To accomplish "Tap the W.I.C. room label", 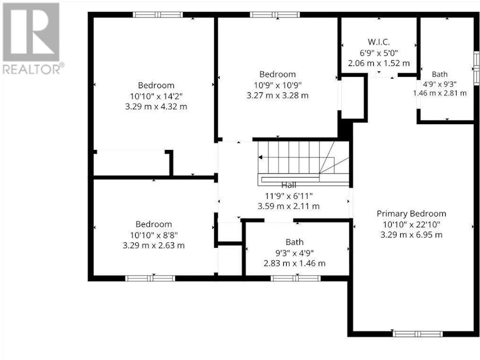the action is pos(379,42).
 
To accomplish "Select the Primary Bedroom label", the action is pos(411,214).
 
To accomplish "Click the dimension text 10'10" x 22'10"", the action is pos(411,224).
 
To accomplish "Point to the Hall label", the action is pos(289,185).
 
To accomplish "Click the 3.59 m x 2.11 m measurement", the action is pos(289,206).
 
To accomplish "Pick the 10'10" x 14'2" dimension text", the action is pos(156,96).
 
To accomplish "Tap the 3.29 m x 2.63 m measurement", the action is pos(154,245).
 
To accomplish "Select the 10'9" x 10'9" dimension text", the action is pos(278,85).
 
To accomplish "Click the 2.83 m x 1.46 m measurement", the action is pos(295,263).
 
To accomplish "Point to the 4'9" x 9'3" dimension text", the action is pos(440,84).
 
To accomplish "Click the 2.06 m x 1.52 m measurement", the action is pos(379,64).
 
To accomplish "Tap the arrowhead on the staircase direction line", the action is pos(260,157).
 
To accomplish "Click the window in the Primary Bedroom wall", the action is pos(418,334).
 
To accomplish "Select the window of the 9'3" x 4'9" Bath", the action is pos(295,278).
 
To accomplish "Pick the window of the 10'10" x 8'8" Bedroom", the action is pos(150,278).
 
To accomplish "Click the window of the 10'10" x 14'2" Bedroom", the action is pos(158,14).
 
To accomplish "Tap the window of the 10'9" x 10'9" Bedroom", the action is pos(275,14).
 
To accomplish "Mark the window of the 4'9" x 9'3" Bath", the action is pos(476,68).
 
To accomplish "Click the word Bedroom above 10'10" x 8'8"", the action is pos(154,224).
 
